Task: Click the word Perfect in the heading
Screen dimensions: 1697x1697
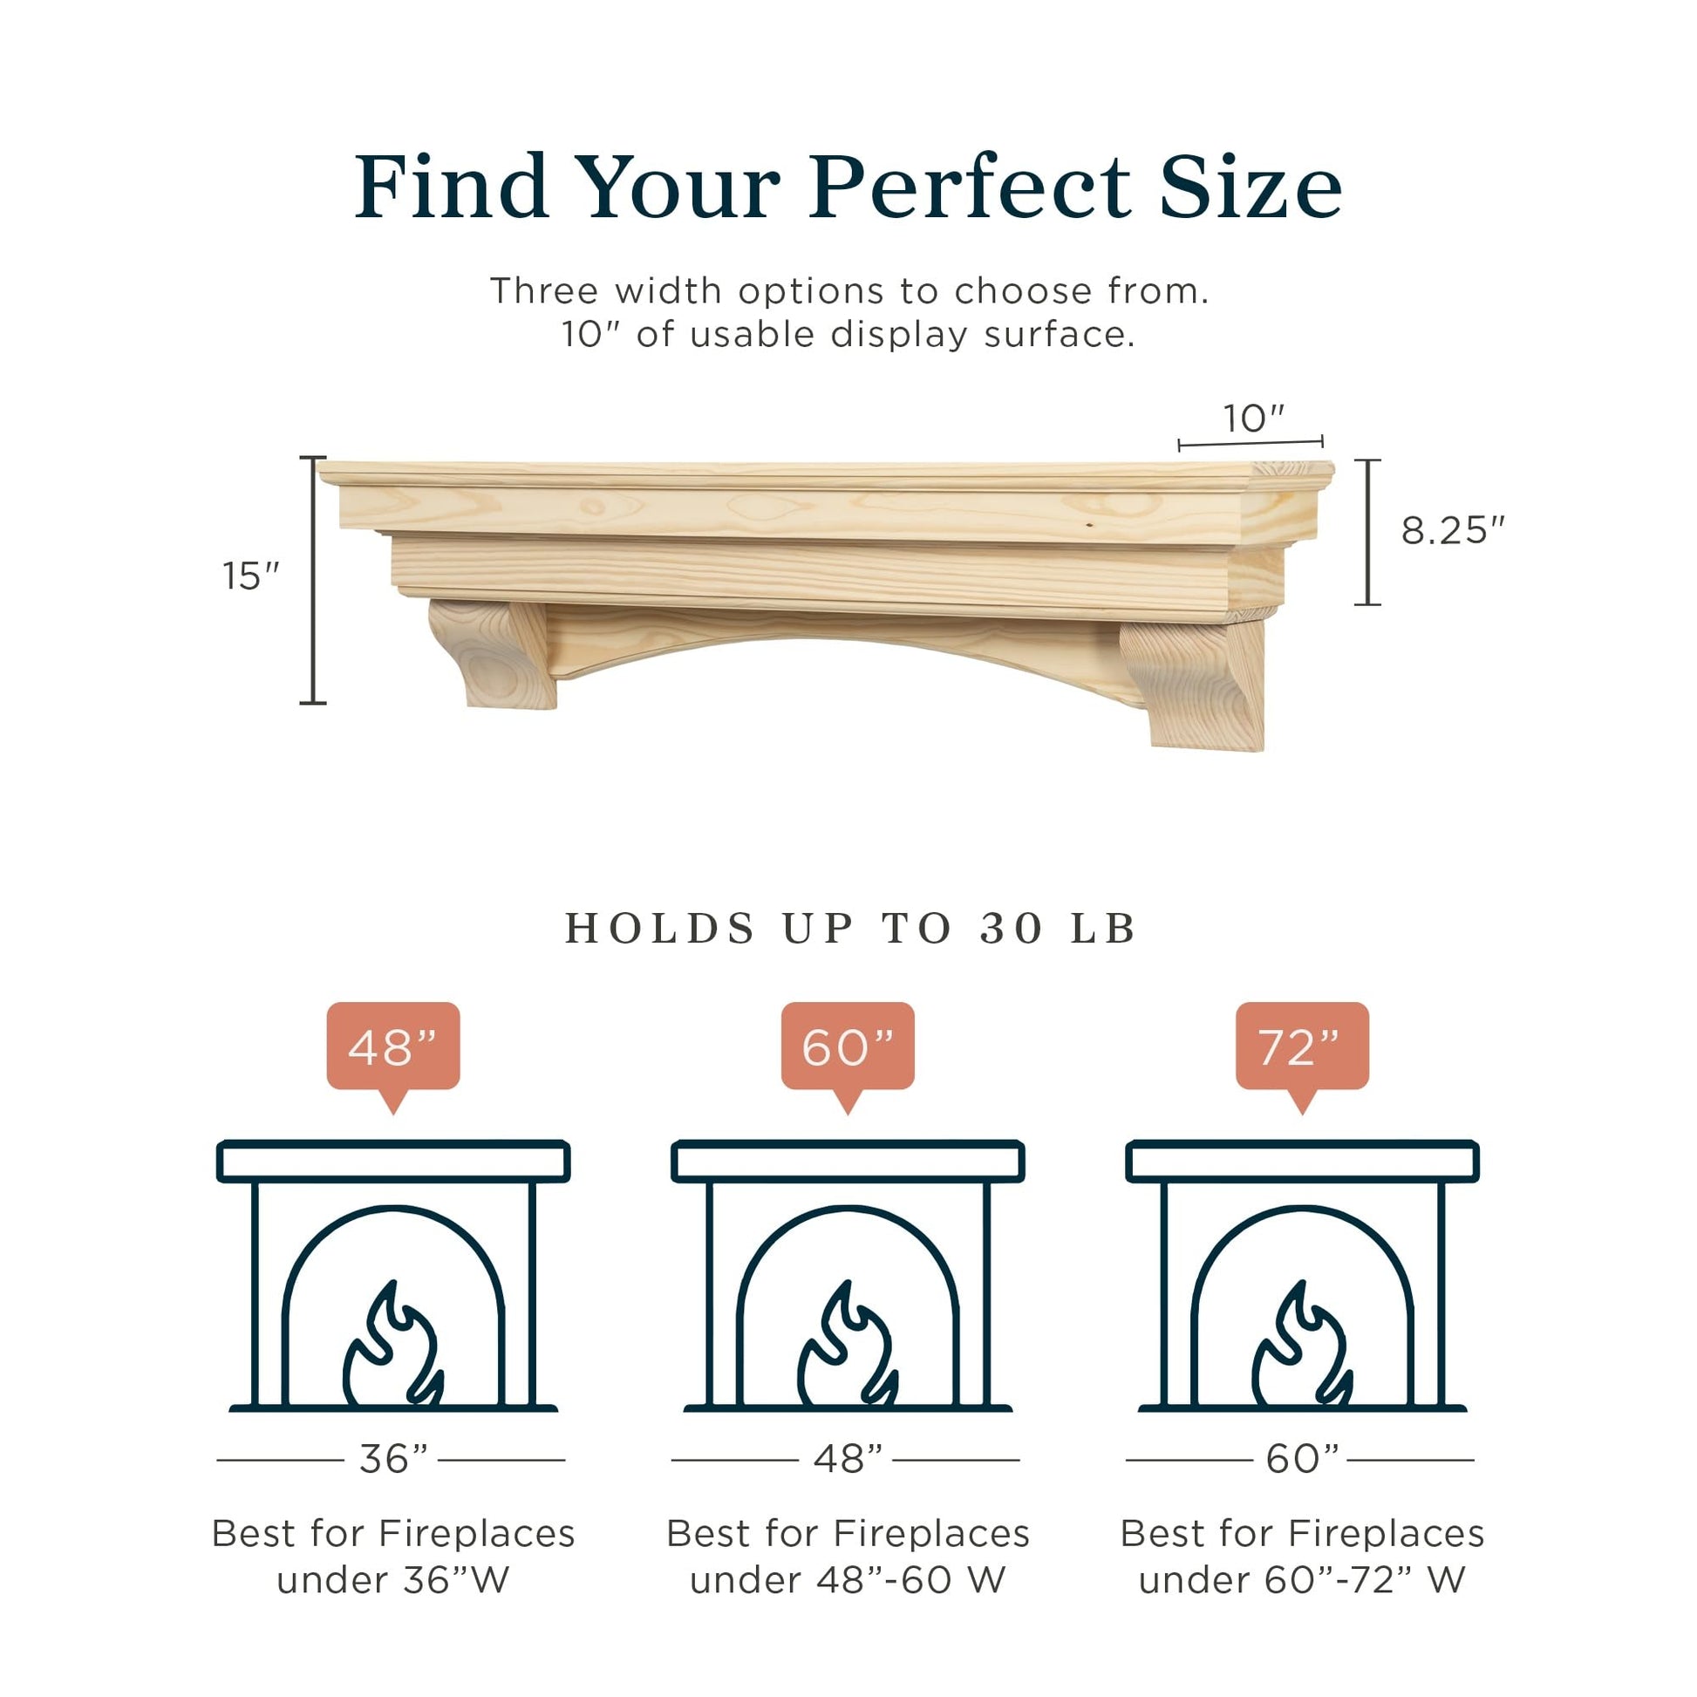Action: click(x=970, y=187)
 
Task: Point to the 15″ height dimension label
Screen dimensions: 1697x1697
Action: click(x=250, y=576)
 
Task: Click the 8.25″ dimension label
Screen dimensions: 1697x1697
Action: click(x=1453, y=530)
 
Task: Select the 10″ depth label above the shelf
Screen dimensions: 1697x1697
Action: click(x=1254, y=419)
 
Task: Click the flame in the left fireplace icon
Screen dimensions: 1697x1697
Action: click(x=392, y=1346)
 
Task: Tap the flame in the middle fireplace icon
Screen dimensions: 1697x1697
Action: click(x=848, y=1346)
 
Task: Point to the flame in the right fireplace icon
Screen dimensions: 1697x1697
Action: click(x=1302, y=1346)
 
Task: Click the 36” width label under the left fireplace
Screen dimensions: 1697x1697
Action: click(x=393, y=1459)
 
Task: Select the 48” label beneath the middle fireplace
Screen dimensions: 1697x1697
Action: click(x=848, y=1459)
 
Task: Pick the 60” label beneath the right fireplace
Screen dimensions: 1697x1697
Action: click(x=1303, y=1459)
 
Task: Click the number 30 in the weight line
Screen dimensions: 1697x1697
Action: click(x=1012, y=929)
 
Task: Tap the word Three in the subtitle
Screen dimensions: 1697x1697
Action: click(x=544, y=290)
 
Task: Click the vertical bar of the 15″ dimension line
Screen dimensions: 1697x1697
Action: click(x=313, y=581)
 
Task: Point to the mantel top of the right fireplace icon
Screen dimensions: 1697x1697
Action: click(x=1303, y=1162)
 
